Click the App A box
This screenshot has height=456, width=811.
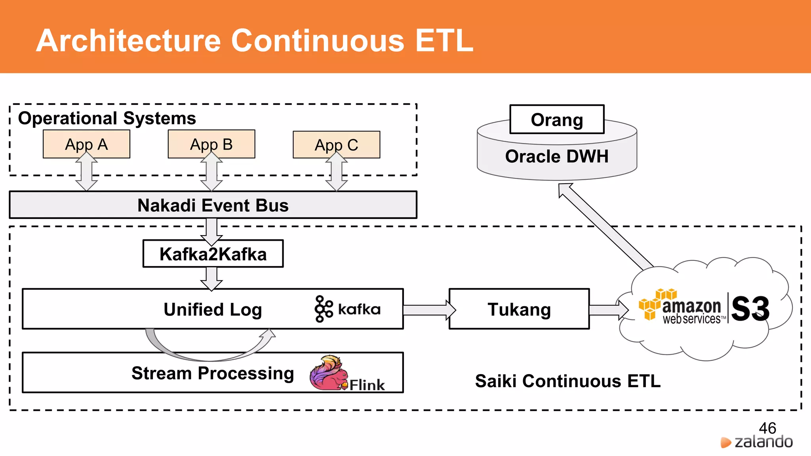pyautogui.click(x=86, y=144)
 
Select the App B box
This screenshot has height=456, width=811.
pyautogui.click(x=211, y=144)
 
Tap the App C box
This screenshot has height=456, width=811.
pyautogui.click(x=336, y=145)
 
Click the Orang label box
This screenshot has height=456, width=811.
pyautogui.click(x=557, y=120)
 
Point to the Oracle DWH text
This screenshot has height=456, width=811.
pyautogui.click(x=557, y=156)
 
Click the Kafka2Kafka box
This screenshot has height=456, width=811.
pyautogui.click(x=213, y=254)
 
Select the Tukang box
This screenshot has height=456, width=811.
pyautogui.click(x=519, y=309)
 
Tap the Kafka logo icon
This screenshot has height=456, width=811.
pyautogui.click(x=324, y=309)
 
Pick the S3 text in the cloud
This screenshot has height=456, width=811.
pyautogui.click(x=750, y=309)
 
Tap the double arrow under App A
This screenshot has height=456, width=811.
pyautogui.click(x=86, y=172)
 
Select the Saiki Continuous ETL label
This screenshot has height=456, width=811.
pyautogui.click(x=567, y=381)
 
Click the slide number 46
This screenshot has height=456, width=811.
pyautogui.click(x=767, y=428)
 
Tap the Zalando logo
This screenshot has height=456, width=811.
pyautogui.click(x=757, y=442)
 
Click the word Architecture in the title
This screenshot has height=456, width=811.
pyautogui.click(x=128, y=41)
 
